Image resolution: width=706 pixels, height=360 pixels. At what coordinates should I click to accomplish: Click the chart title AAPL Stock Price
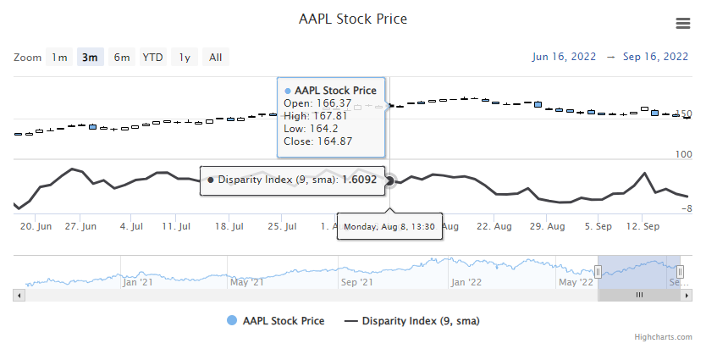(353, 19)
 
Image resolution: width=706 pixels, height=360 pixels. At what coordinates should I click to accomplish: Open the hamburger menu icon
(682, 23)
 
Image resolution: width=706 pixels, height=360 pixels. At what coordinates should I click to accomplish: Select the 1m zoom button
(59, 58)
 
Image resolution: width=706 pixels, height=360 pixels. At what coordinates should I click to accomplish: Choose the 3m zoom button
(90, 58)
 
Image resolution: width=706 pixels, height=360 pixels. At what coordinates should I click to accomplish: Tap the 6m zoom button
(122, 58)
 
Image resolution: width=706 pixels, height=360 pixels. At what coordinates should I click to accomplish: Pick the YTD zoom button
(152, 58)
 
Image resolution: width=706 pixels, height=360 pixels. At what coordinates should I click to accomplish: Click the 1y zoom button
(184, 58)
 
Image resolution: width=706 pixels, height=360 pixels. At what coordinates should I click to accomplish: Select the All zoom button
(216, 58)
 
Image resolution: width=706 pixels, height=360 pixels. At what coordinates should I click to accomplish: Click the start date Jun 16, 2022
(563, 58)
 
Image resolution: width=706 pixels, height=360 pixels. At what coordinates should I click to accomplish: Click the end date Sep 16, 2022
(655, 58)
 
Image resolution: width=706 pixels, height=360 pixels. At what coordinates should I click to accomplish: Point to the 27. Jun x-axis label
(81, 227)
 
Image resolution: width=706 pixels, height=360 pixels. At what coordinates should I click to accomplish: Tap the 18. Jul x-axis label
(229, 227)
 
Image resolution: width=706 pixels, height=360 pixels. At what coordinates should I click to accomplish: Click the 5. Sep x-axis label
(598, 227)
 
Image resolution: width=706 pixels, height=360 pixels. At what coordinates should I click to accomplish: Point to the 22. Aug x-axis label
(494, 227)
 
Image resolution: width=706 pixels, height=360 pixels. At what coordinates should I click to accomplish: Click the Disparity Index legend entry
(422, 321)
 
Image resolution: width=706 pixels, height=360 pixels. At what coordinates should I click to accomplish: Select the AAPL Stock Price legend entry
(283, 321)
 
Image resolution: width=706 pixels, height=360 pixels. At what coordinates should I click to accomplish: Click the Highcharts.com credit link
(664, 337)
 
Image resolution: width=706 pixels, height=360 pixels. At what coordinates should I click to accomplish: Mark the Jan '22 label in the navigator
(466, 282)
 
